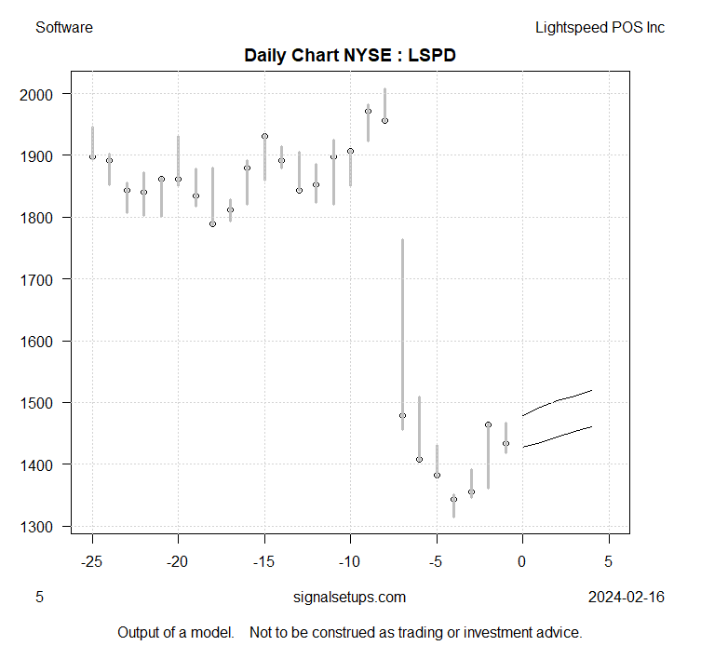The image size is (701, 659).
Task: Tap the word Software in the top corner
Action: click(64, 27)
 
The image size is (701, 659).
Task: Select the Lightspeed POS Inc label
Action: click(600, 27)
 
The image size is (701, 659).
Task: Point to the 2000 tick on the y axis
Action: click(45, 94)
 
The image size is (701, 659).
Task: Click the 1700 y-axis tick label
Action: click(45, 279)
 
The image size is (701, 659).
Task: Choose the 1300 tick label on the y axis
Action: click(45, 526)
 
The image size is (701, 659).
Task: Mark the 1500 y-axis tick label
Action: click(45, 403)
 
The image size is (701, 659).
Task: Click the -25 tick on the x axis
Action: click(92, 561)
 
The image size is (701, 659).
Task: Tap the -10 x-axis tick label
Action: click(350, 561)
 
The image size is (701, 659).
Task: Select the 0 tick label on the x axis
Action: click(522, 561)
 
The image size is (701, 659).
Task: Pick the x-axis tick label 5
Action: click(609, 561)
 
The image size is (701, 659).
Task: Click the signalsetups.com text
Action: click(349, 597)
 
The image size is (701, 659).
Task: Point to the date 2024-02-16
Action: click(627, 597)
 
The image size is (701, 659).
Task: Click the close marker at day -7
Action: click(402, 415)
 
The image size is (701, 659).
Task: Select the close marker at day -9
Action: click(368, 112)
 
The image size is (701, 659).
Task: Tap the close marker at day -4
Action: click(453, 500)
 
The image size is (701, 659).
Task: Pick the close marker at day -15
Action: click(264, 136)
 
